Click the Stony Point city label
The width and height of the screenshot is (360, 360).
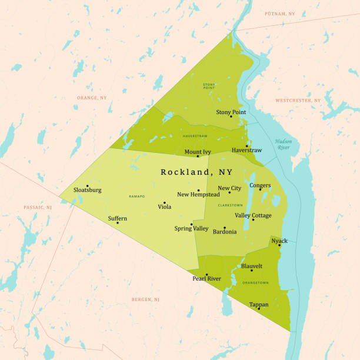click(x=231, y=112)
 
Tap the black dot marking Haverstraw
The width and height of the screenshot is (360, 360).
click(x=246, y=146)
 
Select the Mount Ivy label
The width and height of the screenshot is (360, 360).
click(x=198, y=152)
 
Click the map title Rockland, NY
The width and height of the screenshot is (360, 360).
click(x=196, y=172)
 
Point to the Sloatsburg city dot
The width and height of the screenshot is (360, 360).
click(x=87, y=186)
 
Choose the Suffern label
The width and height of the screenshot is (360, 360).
click(x=117, y=218)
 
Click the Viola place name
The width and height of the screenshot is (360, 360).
click(x=165, y=206)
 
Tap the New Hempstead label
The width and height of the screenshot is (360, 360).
click(x=198, y=195)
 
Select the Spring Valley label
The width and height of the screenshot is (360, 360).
click(x=191, y=228)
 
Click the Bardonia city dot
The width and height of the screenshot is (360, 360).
click(x=224, y=228)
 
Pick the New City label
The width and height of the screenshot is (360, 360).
click(x=229, y=188)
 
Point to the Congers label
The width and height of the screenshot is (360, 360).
click(x=260, y=185)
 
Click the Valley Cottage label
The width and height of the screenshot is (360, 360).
click(x=254, y=215)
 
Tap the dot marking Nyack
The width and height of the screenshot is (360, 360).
click(x=279, y=245)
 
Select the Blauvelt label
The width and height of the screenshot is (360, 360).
click(x=252, y=266)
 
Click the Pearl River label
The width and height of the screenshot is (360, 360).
click(x=206, y=278)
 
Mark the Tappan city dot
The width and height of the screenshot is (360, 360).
click(x=258, y=308)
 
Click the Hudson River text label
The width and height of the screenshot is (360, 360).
click(x=283, y=144)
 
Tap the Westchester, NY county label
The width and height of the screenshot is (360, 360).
click(x=298, y=101)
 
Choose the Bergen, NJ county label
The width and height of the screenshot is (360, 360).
click(x=145, y=299)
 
